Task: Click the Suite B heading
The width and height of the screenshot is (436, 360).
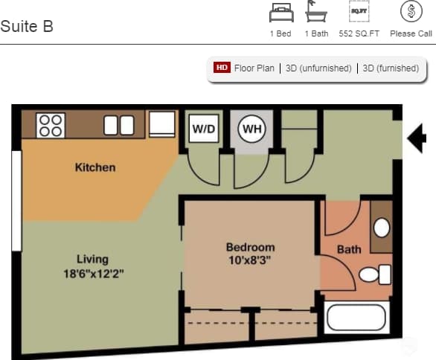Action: tap(27, 27)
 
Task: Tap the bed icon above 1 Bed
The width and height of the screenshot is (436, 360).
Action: tap(280, 13)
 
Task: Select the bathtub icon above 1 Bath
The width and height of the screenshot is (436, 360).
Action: tap(316, 13)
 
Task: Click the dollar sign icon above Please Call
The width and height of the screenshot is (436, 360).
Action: tap(411, 12)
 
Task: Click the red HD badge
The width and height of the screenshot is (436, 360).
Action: tap(222, 68)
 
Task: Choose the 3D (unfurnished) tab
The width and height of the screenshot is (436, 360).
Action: tap(318, 68)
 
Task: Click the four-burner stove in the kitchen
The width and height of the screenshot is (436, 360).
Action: tap(51, 125)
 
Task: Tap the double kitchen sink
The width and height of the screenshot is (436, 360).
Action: tap(118, 125)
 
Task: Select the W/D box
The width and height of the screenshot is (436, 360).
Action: tap(204, 129)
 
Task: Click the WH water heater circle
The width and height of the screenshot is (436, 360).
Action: tap(252, 129)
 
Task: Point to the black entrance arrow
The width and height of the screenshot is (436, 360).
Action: tap(417, 137)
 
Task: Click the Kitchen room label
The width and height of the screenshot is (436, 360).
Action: tap(95, 167)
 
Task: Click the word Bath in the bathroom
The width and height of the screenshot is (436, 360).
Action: tap(349, 249)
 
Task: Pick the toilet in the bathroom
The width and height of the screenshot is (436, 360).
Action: tap(375, 274)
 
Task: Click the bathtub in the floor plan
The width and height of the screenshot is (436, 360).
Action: tap(357, 318)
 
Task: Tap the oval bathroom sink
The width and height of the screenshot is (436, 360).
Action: tap(382, 228)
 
